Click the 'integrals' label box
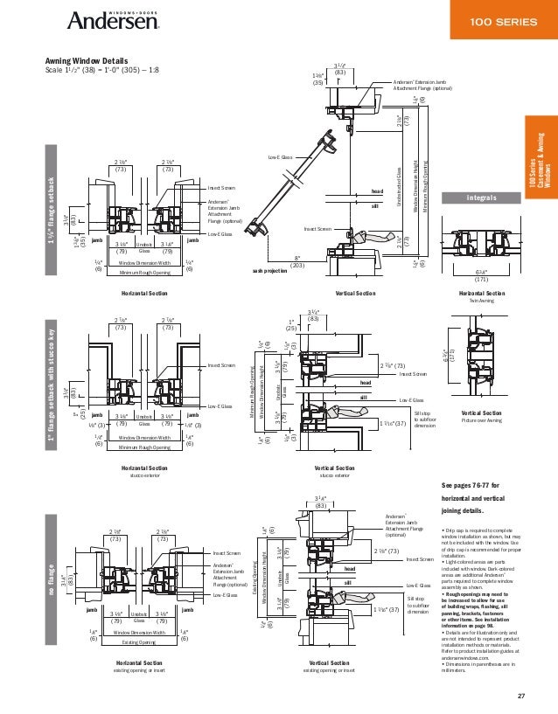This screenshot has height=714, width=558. pos(481,198)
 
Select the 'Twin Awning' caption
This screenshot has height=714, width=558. pos(481,299)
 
